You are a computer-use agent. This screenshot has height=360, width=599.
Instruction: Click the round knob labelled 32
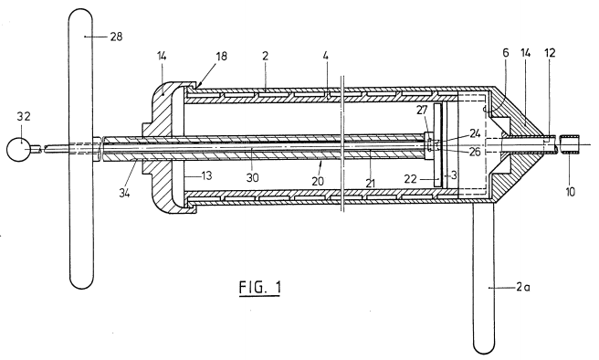click(18, 149)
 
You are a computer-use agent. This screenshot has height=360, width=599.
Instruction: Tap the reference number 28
click(116, 37)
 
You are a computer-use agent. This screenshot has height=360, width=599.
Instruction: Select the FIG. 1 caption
click(259, 288)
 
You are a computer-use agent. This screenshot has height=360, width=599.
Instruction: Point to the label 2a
click(523, 287)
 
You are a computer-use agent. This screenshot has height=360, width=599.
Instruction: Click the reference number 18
click(221, 56)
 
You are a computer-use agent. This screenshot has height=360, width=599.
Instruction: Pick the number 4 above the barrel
click(325, 56)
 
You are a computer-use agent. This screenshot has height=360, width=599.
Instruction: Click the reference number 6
click(506, 53)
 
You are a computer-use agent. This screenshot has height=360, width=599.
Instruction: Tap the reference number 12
click(550, 53)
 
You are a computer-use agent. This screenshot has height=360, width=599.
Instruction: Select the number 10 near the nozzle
click(570, 192)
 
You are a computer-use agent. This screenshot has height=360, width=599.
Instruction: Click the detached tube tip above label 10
click(570, 143)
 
